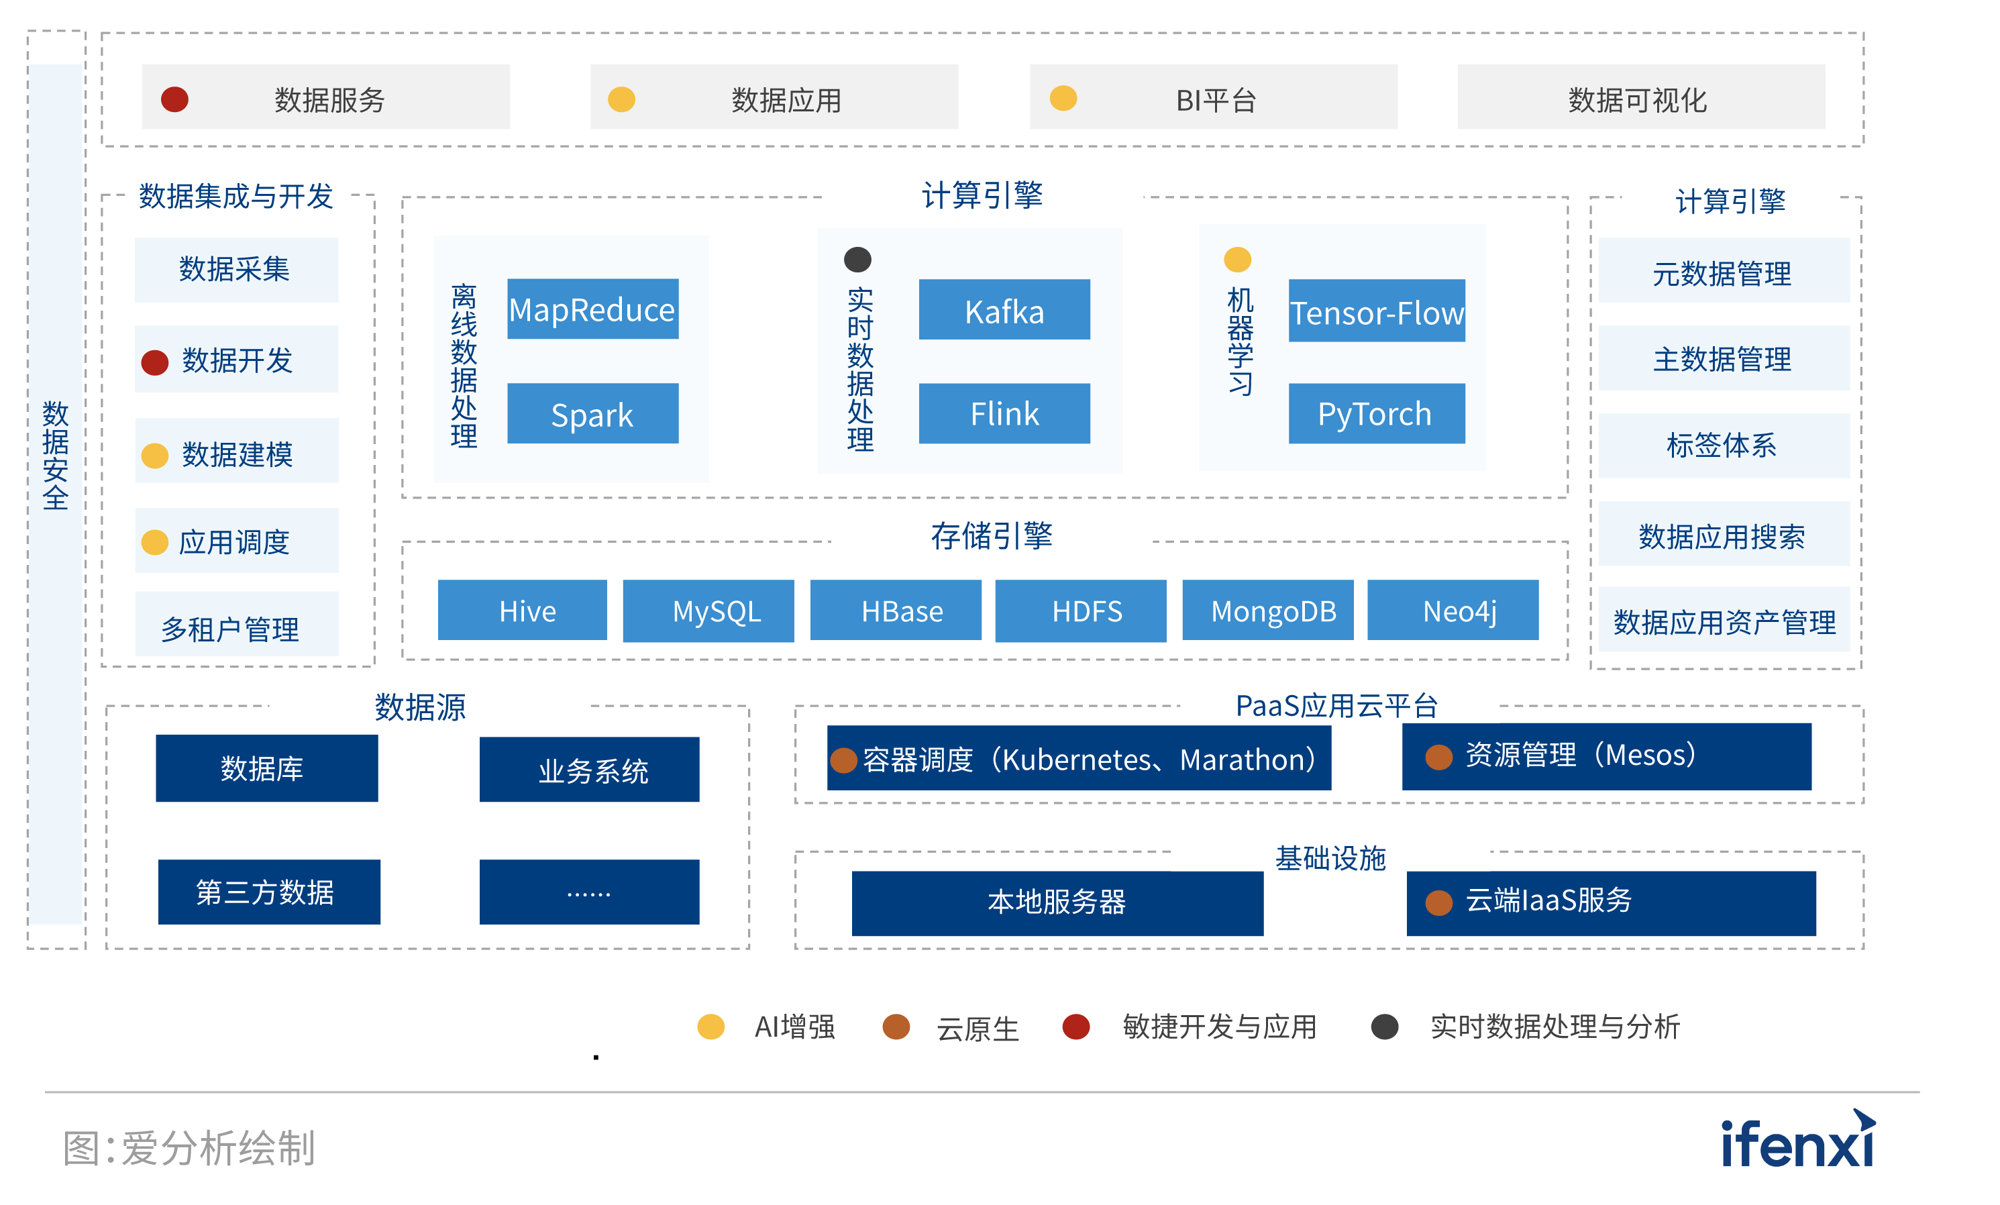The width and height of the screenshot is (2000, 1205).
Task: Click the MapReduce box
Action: (592, 309)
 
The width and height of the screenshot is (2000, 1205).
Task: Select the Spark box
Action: (592, 414)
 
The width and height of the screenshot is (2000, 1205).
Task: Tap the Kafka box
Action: (1004, 310)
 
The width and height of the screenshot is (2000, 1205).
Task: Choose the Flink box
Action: (1004, 414)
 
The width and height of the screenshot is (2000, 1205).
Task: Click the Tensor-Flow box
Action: (1377, 311)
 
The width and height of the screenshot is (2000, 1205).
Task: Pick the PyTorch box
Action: (1377, 414)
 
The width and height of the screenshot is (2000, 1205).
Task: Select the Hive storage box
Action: (523, 610)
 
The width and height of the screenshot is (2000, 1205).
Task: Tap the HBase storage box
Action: (895, 610)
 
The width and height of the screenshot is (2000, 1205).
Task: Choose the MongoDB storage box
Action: (1268, 610)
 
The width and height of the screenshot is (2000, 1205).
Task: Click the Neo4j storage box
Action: (1453, 610)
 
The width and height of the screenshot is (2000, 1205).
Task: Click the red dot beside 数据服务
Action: (174, 99)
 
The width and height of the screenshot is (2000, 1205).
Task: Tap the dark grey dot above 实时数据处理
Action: (857, 260)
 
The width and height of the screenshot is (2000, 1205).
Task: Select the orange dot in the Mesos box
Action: (1439, 757)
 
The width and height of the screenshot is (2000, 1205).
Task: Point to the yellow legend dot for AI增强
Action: (711, 1027)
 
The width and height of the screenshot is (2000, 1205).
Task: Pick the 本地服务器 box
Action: (1057, 903)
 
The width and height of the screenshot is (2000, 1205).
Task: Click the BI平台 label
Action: (1216, 101)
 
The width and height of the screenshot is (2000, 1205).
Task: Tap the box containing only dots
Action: (589, 892)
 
